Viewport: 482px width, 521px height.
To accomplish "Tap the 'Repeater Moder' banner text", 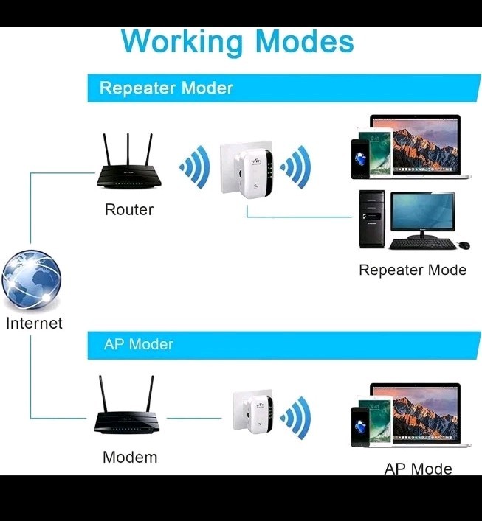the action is pos(166,88).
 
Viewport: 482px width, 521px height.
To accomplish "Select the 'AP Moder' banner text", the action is pos(139,344).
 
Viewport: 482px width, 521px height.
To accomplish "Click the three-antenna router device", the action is pos(128,167).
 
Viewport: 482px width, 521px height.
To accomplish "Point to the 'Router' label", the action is pos(129,210).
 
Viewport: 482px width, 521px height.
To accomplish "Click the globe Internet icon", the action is pos(31,282).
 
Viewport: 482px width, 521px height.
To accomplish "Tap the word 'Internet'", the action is pos(34,323).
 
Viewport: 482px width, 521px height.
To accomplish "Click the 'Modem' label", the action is pos(130,457).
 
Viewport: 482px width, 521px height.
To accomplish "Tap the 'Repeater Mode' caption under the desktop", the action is pos(413,270).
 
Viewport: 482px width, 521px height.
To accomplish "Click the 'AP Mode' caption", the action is pos(418,469).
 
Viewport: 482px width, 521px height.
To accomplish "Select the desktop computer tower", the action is pos(371,219).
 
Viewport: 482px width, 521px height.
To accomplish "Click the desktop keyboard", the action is pos(423,244).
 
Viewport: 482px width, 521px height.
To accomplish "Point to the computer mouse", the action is pos(464,245).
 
